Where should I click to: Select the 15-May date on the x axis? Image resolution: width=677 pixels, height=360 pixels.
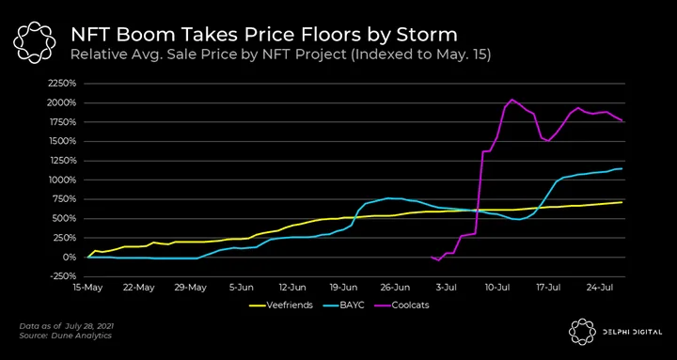pyautogui.click(x=88, y=287)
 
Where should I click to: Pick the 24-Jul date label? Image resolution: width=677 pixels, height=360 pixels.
pyautogui.click(x=600, y=287)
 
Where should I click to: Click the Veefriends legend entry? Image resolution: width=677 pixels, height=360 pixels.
pyautogui.click(x=280, y=305)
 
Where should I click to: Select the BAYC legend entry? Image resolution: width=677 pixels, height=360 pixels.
pyautogui.click(x=344, y=305)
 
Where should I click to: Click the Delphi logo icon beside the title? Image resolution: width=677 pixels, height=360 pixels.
pyautogui.click(x=34, y=42)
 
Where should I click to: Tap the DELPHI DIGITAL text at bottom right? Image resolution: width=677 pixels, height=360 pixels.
pyautogui.click(x=631, y=332)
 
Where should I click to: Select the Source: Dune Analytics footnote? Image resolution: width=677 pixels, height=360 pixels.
pyautogui.click(x=65, y=336)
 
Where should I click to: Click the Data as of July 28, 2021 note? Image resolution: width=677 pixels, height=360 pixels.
pyautogui.click(x=67, y=326)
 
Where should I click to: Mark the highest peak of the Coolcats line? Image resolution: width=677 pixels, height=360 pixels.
pyautogui.click(x=512, y=100)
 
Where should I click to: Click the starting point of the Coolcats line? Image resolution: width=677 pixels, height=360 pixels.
pyautogui.click(x=432, y=258)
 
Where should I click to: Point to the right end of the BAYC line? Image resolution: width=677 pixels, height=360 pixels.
pyautogui.click(x=622, y=168)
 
